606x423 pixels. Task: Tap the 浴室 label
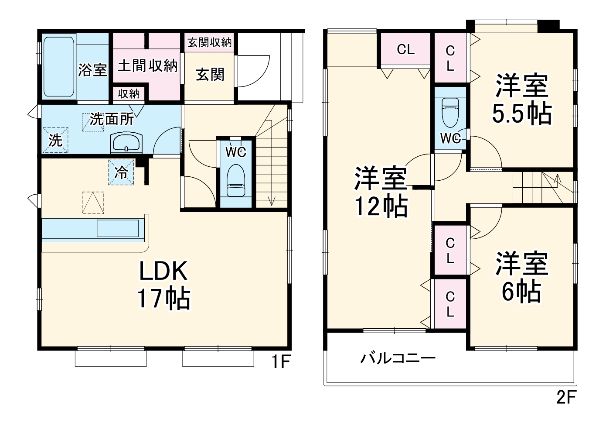pos(92,69)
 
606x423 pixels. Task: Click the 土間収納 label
pos(147,65)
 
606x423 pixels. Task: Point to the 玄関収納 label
pos(209,42)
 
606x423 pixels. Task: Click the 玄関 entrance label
pos(210,75)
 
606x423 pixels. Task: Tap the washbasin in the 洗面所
pos(126,143)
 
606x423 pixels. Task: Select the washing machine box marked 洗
pos(55,140)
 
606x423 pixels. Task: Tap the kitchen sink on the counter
pos(117,228)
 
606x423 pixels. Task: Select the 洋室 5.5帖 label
pos(521,100)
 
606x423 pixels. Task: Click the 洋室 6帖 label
pos(521,278)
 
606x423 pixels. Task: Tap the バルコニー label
pos(398,359)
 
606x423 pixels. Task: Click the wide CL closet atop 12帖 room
pos(405,50)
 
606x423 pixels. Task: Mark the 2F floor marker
pos(566,397)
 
